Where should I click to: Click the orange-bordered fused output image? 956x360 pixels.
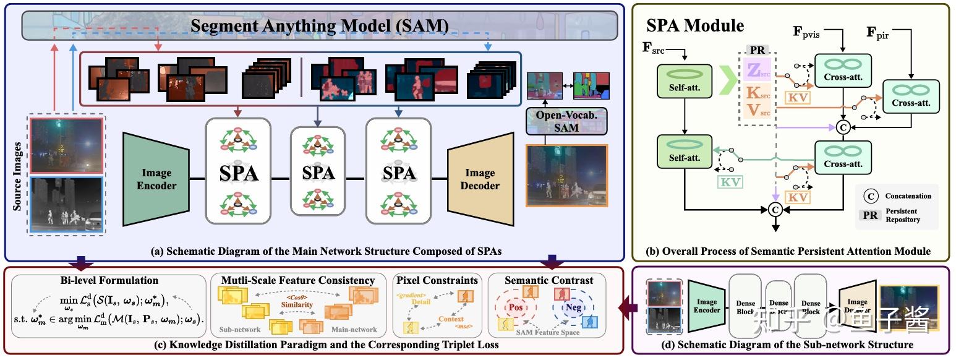(566, 174)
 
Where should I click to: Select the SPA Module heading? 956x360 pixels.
(695, 25)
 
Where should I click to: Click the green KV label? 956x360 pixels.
(730, 181)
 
